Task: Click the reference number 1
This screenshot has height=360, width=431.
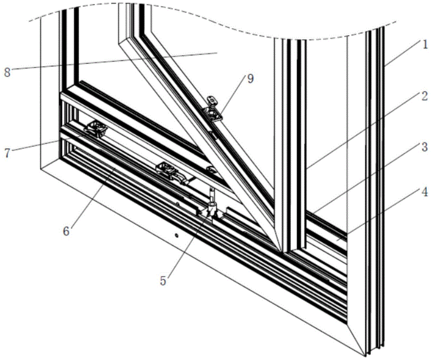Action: [425, 44]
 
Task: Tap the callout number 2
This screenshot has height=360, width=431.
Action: [425, 96]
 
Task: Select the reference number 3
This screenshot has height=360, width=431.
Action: [425, 147]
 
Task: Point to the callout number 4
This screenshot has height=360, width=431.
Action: [425, 192]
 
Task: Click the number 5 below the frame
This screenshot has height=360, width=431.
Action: [163, 281]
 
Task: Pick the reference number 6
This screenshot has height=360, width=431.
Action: [66, 231]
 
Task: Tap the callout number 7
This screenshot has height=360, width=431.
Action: [7, 153]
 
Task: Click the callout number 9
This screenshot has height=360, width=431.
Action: [250, 79]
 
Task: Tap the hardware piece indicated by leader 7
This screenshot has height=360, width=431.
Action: [96, 129]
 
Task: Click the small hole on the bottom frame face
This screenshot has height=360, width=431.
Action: [177, 235]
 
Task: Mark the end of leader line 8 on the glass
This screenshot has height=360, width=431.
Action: [217, 52]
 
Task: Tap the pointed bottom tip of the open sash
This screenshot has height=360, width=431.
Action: [281, 252]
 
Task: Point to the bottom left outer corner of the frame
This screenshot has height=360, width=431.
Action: [41, 169]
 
